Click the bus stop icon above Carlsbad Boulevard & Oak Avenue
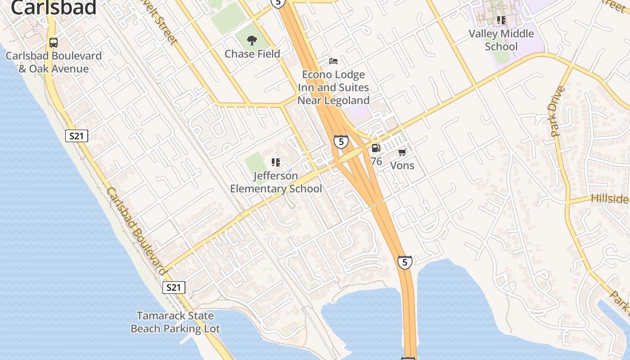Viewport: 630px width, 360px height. pyautogui.click(x=54, y=43)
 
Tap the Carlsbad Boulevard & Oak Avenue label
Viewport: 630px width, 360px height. pyautogui.click(x=54, y=63)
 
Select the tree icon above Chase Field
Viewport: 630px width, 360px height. pyautogui.click(x=252, y=40)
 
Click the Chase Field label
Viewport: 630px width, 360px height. pyautogui.click(x=252, y=54)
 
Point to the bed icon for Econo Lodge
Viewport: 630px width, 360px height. pyautogui.click(x=333, y=61)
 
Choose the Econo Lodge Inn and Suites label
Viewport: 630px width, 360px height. pyautogui.click(x=333, y=87)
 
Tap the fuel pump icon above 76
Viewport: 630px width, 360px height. pyautogui.click(x=376, y=148)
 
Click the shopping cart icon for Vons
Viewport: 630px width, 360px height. pyautogui.click(x=402, y=153)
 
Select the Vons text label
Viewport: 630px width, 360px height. pyautogui.click(x=402, y=166)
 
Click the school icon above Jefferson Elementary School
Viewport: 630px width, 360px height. pyautogui.click(x=276, y=162)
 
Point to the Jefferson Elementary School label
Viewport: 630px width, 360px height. pyautogui.click(x=276, y=182)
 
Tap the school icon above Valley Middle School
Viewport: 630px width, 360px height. pyautogui.click(x=501, y=20)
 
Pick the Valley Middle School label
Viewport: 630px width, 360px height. pyautogui.click(x=501, y=40)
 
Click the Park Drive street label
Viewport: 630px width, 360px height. pyautogui.click(x=557, y=111)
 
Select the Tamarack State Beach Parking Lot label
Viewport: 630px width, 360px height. pyautogui.click(x=175, y=322)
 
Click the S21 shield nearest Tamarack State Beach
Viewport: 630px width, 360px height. pyautogui.click(x=173, y=288)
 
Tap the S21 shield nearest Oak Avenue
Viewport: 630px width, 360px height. pyautogui.click(x=76, y=136)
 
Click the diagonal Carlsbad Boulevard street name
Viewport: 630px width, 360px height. pyautogui.click(x=136, y=231)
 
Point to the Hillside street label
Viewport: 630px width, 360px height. pyautogui.click(x=610, y=198)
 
